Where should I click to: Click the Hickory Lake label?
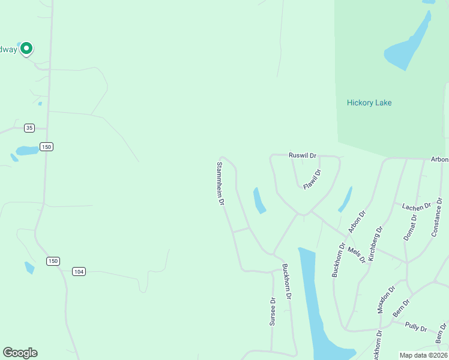[x=369, y=103]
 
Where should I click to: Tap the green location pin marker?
[x=26, y=48]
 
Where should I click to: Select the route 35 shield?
[x=29, y=128]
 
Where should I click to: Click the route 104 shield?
[x=79, y=272]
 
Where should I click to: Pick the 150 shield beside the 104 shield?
[x=53, y=261]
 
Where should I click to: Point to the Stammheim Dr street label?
[x=220, y=183]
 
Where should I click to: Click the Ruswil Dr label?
[x=302, y=154]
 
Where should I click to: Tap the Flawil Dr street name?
[x=312, y=179]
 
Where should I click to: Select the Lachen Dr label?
[x=417, y=207]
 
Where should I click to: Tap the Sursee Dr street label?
[x=272, y=311]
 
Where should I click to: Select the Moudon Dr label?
[x=386, y=299]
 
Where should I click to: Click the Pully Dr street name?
[x=415, y=328]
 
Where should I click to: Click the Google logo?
[x=20, y=353]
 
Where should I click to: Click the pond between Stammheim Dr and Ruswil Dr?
[x=259, y=200]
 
